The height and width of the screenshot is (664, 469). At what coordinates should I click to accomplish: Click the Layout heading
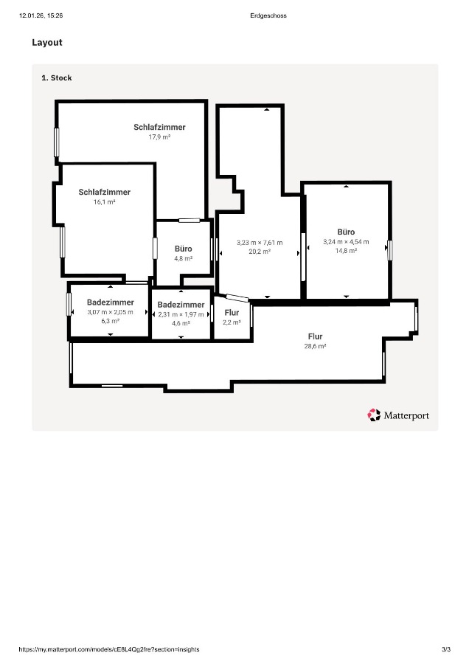coord(47,43)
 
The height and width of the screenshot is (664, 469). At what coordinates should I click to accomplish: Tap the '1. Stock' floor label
coord(57,77)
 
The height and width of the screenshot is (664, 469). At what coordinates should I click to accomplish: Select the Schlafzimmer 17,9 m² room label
coord(159,127)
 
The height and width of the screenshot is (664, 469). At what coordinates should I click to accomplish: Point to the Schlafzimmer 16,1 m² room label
coord(104,192)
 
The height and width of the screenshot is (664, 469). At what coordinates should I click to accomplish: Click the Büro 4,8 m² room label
coord(183,249)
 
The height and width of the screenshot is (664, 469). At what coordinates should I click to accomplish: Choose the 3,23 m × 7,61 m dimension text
coord(259,243)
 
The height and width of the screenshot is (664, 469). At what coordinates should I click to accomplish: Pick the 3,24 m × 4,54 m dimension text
coord(346,241)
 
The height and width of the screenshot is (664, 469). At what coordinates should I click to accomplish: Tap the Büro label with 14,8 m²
coord(346,232)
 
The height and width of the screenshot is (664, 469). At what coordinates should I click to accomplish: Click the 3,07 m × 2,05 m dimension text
coord(110,312)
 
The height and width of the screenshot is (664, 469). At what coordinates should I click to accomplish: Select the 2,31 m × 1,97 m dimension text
coord(181,314)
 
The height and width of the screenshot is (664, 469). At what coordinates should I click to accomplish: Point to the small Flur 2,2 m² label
coord(232,313)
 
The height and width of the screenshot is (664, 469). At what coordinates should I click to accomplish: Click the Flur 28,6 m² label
coord(315,336)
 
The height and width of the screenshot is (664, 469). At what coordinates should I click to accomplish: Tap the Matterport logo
coord(398,415)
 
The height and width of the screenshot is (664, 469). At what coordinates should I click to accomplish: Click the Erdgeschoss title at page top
coord(268,15)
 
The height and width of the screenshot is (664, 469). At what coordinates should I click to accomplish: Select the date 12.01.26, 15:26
coord(41,15)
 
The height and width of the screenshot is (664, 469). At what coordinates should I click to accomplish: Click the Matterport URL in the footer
coord(108,649)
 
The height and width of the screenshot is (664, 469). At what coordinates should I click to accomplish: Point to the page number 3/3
coord(445,649)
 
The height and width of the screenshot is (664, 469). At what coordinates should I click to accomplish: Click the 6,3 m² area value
coord(110,321)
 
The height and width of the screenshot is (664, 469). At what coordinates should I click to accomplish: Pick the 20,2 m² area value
coord(259,252)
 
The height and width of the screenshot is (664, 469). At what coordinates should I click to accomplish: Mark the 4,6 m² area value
coord(181,323)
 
